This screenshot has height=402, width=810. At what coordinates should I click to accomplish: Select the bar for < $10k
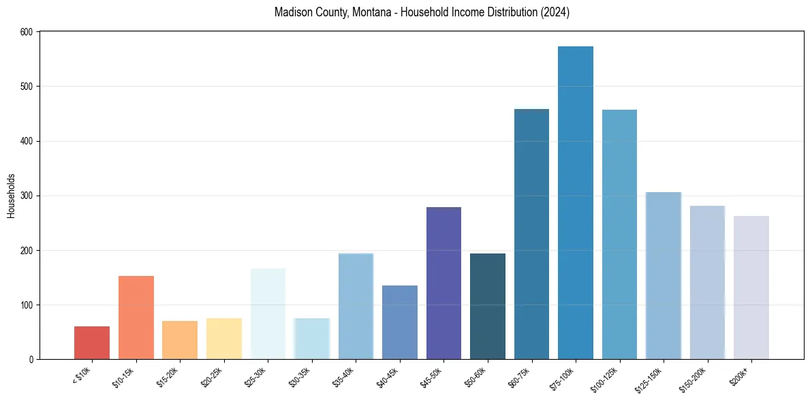(x=92, y=343)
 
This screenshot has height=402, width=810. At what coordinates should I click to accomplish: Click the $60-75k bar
(x=531, y=234)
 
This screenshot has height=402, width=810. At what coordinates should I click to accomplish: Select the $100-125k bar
(x=619, y=234)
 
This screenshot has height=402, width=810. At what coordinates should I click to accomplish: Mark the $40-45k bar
(x=400, y=322)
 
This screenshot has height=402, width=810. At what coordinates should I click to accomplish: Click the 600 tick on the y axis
(x=27, y=32)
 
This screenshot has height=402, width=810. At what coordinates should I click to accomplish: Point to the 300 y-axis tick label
(x=27, y=196)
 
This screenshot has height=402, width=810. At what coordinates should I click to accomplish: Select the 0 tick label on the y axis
(x=31, y=359)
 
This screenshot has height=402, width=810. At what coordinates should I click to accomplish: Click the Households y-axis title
(x=12, y=196)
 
